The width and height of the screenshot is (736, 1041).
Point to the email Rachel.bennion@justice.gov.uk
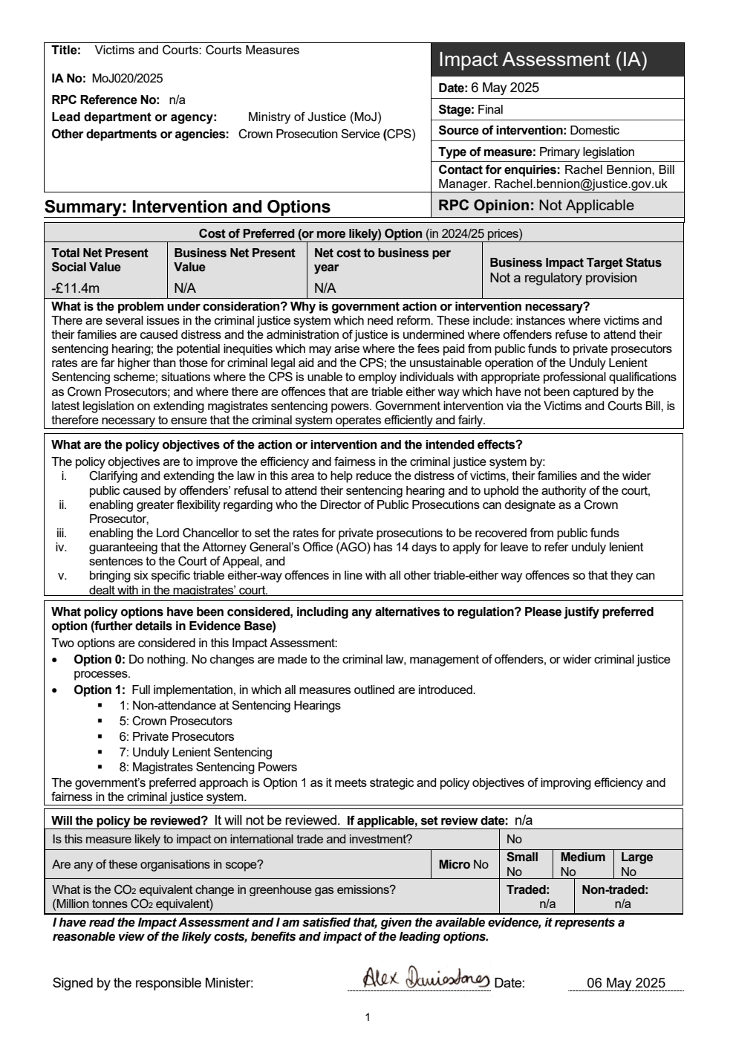click(x=581, y=184)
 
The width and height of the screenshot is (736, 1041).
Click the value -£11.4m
click(x=76, y=288)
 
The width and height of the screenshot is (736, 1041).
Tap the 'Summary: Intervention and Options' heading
click(x=187, y=207)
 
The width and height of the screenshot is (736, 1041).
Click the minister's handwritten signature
click(x=426, y=979)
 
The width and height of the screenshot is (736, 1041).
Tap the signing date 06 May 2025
click(x=625, y=982)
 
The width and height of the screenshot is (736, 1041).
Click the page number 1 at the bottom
click(x=368, y=1017)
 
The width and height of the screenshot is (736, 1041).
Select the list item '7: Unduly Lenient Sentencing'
click(x=195, y=752)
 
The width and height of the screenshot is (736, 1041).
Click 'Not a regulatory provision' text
click(x=563, y=278)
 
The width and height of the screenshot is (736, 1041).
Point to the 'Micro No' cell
click(x=463, y=864)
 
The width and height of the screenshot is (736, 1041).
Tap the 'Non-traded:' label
click(x=615, y=889)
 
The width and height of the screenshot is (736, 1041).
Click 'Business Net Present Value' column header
click(x=235, y=260)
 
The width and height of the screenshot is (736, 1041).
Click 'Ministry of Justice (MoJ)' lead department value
click(x=314, y=117)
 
